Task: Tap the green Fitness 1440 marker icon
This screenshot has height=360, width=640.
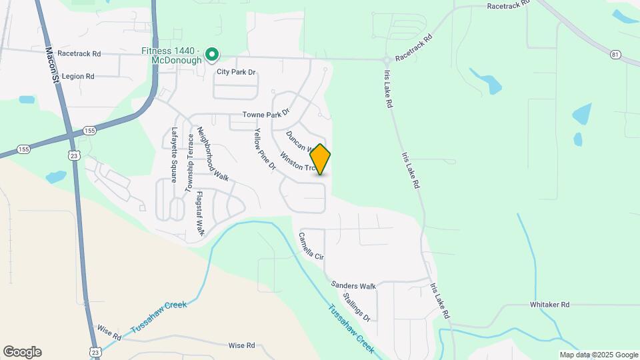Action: pos(212,54)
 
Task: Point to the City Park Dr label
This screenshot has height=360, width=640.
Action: pos(235,72)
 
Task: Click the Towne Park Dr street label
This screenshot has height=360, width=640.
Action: pos(266,115)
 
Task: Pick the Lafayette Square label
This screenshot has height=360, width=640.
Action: pos(174,155)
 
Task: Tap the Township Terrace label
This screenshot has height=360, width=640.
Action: pos(189,159)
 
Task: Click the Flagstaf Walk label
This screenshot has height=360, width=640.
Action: pos(199,214)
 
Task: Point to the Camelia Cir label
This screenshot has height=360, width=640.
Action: pos(311,246)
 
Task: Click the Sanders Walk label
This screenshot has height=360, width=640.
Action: pos(354,285)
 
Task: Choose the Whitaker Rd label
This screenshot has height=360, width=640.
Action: pos(549,305)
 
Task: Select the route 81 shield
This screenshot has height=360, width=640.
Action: pos(614,53)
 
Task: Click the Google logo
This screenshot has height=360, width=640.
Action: pos(22,352)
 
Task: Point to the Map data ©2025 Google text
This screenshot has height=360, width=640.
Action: pos(599,355)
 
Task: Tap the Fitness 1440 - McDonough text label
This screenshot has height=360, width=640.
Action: pos(171,55)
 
